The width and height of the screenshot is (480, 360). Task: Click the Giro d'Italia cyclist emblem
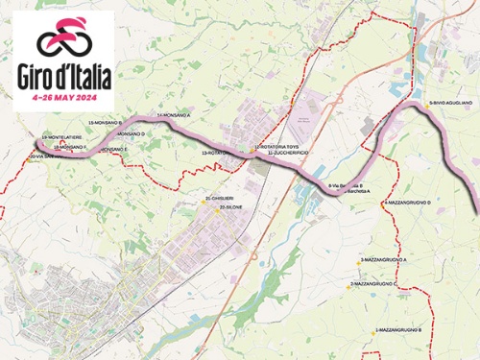coord(62,38)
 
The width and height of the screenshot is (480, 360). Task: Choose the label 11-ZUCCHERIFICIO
coord(285,153)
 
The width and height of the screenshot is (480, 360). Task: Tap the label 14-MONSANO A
coord(175,115)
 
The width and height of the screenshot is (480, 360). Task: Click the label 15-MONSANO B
coord(105,124)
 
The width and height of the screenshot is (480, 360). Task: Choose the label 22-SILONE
coord(229,206)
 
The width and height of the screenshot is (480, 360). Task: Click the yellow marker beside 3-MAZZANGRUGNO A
coord(361,259)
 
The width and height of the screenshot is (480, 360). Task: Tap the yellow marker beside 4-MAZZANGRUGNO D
coord(383,204)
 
